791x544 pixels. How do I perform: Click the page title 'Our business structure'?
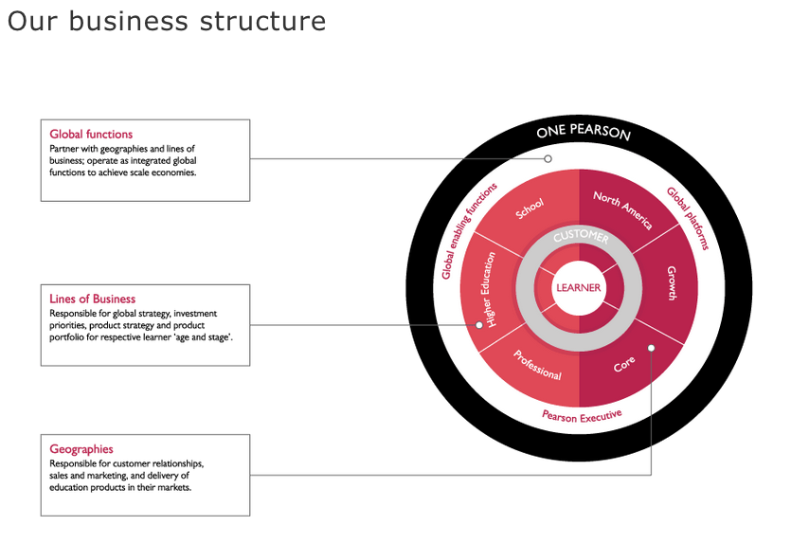coord(167,22)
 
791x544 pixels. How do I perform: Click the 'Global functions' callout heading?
coord(91,135)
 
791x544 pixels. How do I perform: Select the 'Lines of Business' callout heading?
coord(92,299)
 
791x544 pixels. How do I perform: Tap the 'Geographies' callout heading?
coord(81,449)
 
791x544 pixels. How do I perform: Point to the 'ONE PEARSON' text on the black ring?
coord(583,133)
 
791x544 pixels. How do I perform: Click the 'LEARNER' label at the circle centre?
coord(579,288)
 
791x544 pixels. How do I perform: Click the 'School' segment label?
coord(530,209)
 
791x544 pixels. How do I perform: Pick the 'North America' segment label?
coord(622,209)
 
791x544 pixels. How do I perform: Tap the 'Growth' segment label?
coord(672,283)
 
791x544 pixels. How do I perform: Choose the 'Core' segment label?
coord(624,363)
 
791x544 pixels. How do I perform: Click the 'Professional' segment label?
coord(537,365)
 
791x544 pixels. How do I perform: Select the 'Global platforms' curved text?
coord(688,218)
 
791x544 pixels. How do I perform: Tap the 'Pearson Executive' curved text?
coord(582,415)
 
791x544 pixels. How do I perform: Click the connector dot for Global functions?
coord(548,159)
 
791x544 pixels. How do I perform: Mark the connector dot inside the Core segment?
coord(651,348)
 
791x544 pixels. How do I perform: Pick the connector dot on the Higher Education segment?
coord(479,325)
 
